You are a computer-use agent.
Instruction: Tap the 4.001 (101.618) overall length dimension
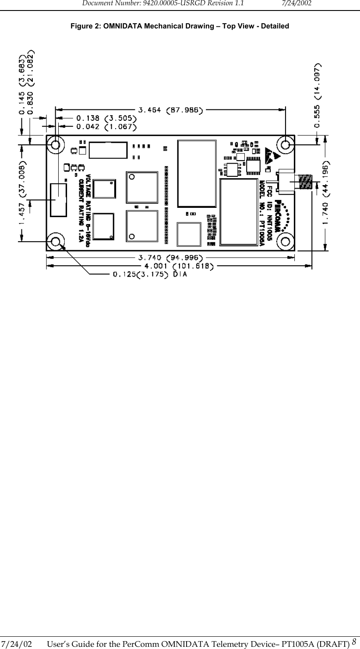pos(178,266)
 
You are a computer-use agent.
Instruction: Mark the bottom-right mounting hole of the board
pos(286,242)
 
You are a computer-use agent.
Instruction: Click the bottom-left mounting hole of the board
pos(56,242)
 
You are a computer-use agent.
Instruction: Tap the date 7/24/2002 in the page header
pos(296,4)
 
